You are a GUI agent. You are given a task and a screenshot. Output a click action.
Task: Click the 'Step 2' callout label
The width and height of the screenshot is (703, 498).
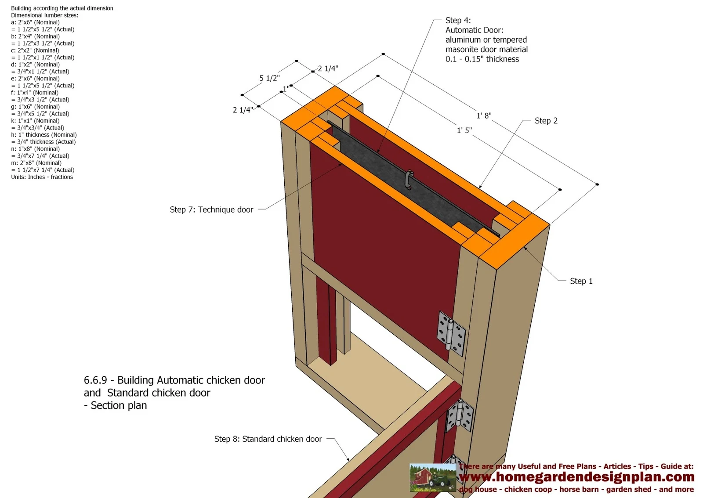click(x=546, y=121)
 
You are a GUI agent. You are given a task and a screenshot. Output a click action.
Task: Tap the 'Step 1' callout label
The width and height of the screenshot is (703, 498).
click(x=581, y=281)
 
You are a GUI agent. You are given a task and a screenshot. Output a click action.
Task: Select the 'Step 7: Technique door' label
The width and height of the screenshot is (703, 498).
click(x=211, y=209)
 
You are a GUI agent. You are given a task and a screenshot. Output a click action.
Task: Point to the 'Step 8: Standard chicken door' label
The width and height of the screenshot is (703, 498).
click(x=268, y=439)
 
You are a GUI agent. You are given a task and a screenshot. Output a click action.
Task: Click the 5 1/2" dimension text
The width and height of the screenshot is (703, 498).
click(x=269, y=78)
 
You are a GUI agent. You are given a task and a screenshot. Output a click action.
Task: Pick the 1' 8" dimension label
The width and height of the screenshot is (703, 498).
click(x=484, y=115)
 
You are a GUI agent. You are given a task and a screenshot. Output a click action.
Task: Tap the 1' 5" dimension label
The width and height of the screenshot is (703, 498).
click(x=464, y=130)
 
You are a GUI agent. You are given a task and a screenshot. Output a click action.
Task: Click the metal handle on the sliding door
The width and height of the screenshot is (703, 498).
click(x=409, y=179)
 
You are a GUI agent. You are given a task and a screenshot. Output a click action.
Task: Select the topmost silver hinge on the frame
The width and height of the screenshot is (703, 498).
click(x=451, y=333)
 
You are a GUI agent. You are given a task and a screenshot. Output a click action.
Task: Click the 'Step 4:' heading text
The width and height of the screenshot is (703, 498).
click(x=458, y=20)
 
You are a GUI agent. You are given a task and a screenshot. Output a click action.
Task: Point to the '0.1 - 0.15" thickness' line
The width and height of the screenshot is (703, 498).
click(x=482, y=59)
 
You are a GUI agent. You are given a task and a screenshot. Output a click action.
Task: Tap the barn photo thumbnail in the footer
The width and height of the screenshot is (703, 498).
click(x=432, y=477)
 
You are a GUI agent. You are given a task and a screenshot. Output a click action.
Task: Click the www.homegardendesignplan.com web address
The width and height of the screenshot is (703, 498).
click(x=576, y=477)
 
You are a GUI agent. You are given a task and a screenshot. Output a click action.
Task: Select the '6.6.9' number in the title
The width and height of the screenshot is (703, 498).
click(x=95, y=380)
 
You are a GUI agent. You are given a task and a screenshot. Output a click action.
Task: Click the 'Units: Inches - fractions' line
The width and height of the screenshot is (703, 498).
click(x=42, y=177)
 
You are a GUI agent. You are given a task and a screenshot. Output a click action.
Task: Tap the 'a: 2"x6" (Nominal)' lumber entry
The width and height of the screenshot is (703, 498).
click(x=35, y=22)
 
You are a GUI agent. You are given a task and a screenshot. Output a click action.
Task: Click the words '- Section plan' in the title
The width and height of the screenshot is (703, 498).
click(x=115, y=405)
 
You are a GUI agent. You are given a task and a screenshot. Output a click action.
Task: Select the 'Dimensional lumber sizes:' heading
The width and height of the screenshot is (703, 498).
click(x=44, y=15)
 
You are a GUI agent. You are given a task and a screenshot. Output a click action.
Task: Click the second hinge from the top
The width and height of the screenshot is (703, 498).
click(x=460, y=415)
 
